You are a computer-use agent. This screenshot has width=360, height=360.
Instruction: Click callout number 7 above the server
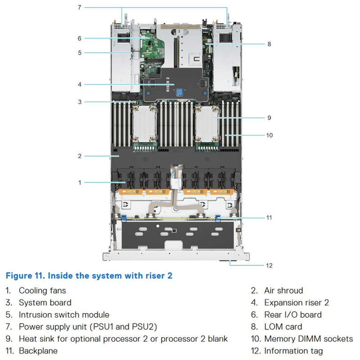point(79,7)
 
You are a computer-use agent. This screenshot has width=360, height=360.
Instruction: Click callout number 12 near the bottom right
point(269,265)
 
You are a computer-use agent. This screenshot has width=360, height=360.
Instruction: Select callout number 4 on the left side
point(79,84)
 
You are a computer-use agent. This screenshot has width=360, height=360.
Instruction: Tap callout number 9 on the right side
point(269,118)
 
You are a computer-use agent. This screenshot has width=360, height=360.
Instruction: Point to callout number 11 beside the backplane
point(269,217)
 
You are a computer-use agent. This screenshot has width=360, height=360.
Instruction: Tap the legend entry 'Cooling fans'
point(42,291)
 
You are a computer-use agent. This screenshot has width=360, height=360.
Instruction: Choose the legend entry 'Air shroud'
point(283,291)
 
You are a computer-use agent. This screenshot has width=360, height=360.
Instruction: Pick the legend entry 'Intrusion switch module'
point(64,315)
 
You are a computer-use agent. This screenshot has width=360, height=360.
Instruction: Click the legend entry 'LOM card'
point(283,327)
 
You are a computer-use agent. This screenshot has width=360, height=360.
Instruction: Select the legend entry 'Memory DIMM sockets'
point(309,339)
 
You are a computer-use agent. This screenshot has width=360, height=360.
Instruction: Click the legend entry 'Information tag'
point(293,351)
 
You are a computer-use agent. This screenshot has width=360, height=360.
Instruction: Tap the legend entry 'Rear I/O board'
point(293,315)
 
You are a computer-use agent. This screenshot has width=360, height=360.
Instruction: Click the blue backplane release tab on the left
point(123,217)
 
